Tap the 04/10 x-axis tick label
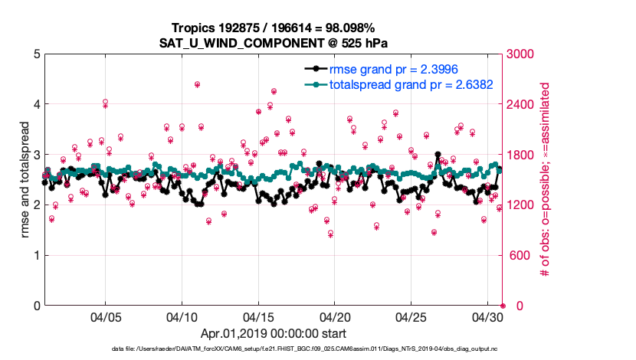click(182, 316)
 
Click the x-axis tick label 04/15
click(258, 316)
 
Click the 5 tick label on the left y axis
click(37, 54)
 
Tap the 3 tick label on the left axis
click(37, 155)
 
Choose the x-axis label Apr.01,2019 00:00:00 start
click(273, 334)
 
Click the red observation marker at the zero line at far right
click(503, 306)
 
